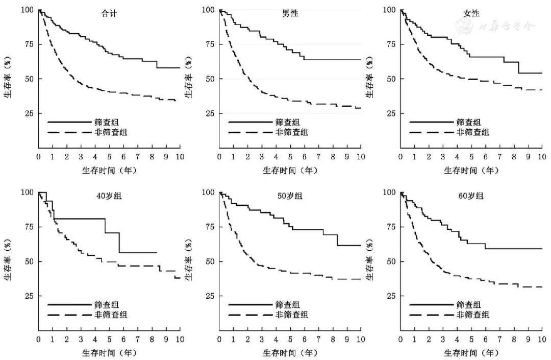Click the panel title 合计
coord(109,14)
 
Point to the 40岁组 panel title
coord(109,196)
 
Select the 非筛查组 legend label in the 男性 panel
coord(294,133)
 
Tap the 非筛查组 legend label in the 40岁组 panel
coord(114,315)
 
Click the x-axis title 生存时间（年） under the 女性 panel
coord(471,170)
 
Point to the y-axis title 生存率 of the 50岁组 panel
coord(188,268)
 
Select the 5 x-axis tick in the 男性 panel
coord(290,157)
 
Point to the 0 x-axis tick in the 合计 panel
coord(38,157)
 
